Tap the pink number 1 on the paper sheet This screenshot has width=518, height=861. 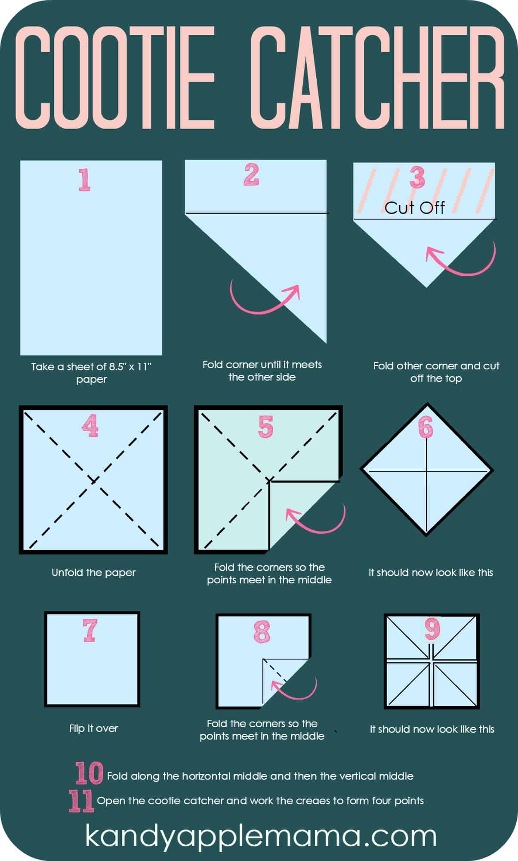[84, 180]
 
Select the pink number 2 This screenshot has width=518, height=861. [251, 174]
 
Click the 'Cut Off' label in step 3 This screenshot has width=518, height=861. [414, 208]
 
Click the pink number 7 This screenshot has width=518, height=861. [89, 630]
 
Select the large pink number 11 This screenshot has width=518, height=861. [81, 801]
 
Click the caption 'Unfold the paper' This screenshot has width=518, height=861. [93, 573]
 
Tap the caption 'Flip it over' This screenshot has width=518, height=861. [93, 728]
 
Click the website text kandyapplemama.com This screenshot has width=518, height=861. [260, 836]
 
